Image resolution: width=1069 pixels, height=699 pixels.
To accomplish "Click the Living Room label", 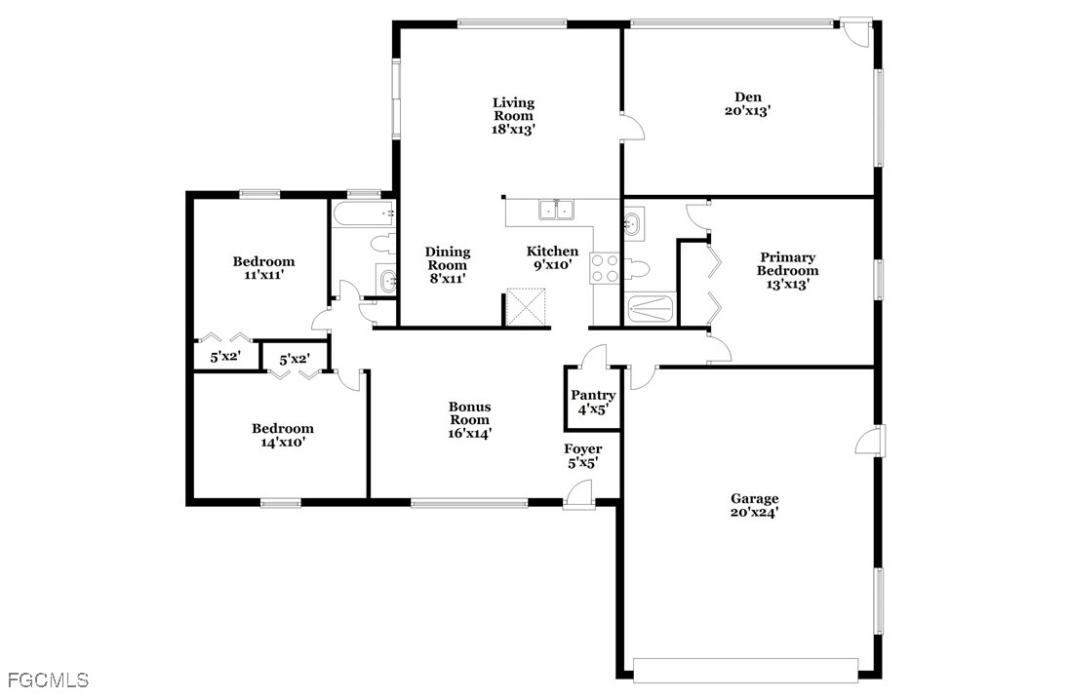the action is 513,116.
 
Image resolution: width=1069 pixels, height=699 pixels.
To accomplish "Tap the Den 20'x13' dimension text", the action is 747,110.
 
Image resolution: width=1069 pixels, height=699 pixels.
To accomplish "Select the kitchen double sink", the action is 557,210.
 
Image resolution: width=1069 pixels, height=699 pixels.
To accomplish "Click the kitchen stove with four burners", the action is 605,268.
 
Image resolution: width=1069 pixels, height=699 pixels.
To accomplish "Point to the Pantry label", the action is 593,395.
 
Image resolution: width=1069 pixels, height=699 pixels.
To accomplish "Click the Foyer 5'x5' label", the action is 583,456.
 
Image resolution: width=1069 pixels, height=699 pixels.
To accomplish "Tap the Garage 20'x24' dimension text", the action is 754,513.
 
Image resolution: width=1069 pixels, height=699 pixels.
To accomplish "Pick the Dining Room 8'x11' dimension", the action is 448,278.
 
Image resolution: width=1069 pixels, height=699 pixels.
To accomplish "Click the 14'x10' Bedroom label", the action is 282,435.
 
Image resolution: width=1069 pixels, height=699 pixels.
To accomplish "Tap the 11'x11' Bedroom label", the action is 264,268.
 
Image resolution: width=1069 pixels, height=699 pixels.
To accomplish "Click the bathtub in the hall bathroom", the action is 364,214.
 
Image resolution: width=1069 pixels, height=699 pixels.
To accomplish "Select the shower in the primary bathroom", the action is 652,309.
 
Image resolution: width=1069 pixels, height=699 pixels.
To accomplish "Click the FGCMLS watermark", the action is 49,680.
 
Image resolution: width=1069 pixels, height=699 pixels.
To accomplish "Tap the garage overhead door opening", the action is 745,670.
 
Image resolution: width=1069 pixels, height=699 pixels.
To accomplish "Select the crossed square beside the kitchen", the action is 527,308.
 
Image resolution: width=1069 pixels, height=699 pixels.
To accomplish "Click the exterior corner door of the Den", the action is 855,33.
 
